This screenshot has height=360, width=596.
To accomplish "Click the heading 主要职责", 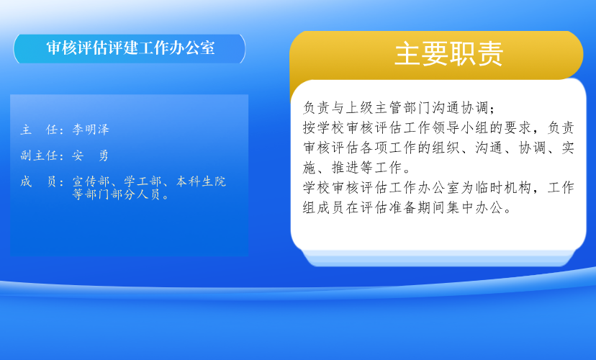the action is coord(449,53).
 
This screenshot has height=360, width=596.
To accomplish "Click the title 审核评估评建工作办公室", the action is coord(130,48).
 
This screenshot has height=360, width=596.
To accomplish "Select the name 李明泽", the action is coord(91,130).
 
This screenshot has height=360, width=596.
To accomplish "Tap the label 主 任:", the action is coord(42,130).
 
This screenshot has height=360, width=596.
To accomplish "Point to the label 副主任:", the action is coord(42,155).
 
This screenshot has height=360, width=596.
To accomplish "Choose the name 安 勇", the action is coord(91,155).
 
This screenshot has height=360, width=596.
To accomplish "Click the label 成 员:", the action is coord(42,181).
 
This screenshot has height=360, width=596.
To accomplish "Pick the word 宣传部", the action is coord(91,181).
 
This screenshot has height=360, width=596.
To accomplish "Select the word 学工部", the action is coord(143,181).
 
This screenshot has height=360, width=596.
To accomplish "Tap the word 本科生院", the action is coord(201,181).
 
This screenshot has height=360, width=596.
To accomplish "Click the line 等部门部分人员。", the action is coord(121,194).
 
